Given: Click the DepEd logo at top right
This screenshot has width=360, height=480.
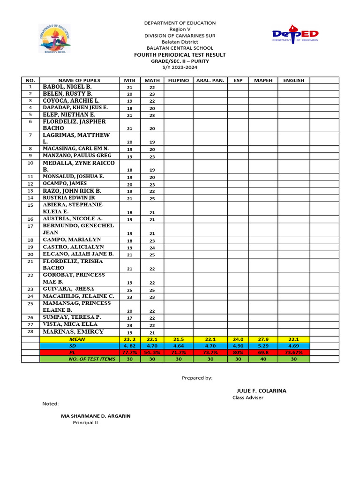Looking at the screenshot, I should (295, 35).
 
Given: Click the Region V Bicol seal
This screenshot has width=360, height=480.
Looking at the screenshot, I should (54, 38).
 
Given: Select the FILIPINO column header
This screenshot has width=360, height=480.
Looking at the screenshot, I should (178, 80).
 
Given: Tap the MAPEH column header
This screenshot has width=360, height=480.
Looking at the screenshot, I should (263, 80).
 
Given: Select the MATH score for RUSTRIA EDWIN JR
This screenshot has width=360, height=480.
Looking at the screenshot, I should (152, 199).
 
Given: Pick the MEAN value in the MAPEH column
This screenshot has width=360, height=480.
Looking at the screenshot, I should (263, 339).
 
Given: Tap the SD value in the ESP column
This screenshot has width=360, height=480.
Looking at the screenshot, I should (238, 345).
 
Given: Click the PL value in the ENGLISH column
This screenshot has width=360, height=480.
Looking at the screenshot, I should (293, 352).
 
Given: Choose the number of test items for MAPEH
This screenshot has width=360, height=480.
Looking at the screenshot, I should (263, 359).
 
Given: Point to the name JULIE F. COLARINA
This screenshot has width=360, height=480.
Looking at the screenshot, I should (261, 390).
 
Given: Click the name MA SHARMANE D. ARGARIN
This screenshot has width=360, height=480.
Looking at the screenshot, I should (96, 416).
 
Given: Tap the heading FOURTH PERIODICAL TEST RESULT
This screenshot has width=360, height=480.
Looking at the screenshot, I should (180, 55).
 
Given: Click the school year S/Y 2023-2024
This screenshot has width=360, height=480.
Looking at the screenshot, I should (180, 67).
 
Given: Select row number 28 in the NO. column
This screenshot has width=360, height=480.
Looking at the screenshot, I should (30, 331).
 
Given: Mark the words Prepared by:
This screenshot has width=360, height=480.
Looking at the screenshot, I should (197, 377).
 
